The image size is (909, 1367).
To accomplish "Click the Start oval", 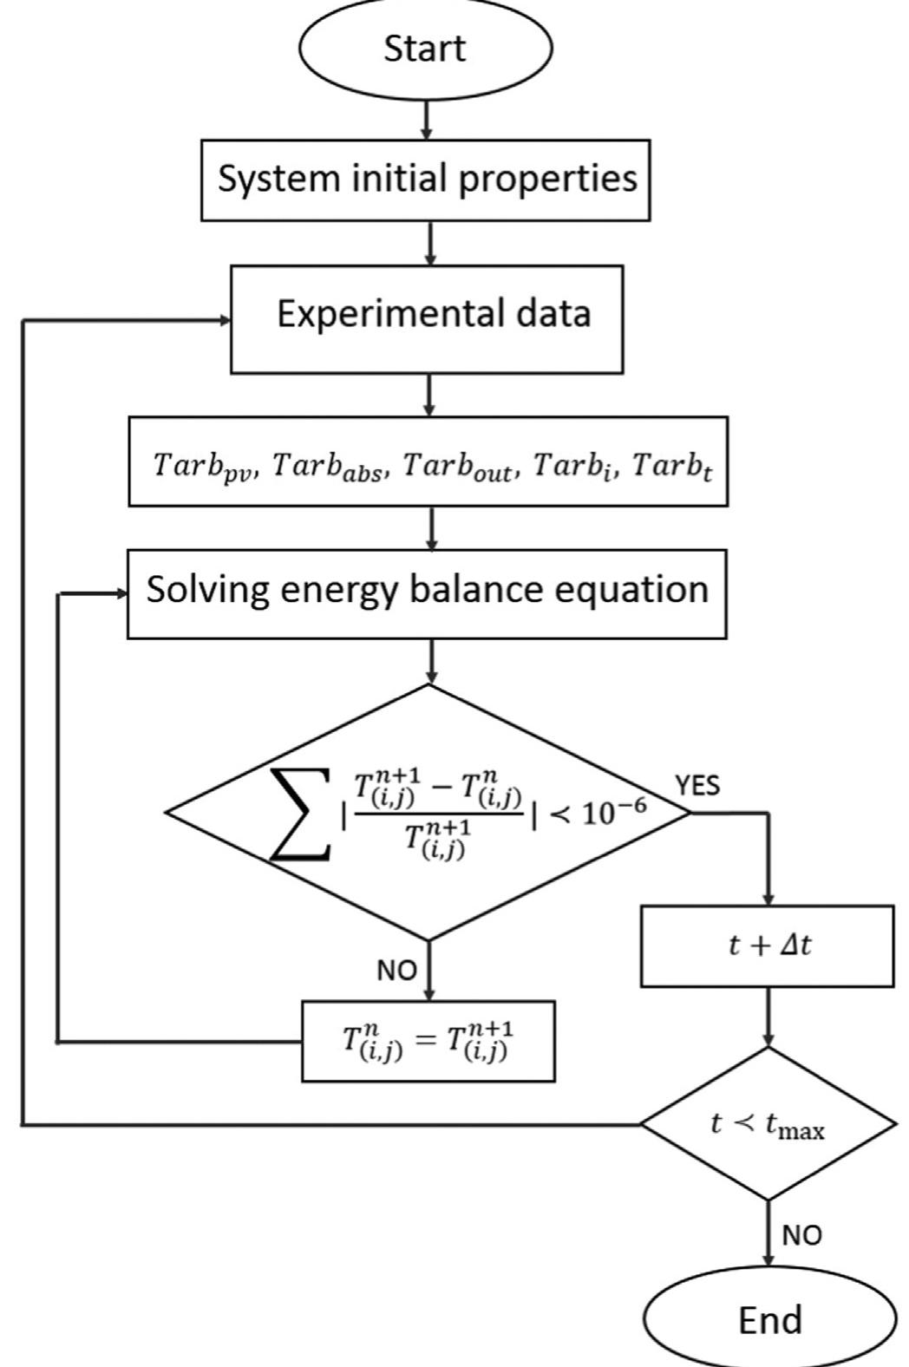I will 425,49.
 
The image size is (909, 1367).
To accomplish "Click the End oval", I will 769,1320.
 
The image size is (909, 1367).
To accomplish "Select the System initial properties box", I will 426,180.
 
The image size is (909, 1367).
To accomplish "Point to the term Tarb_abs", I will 325,467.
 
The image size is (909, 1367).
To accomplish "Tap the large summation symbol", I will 300,813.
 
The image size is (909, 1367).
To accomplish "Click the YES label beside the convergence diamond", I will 697,786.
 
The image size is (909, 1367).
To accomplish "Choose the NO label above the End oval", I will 801,1234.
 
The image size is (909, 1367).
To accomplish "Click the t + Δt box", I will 768,945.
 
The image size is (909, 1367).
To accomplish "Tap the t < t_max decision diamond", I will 768,1125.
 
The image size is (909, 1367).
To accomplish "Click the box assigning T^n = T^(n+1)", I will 428,1041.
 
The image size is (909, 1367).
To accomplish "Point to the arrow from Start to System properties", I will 426,120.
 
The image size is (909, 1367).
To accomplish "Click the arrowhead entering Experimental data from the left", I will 225,321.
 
